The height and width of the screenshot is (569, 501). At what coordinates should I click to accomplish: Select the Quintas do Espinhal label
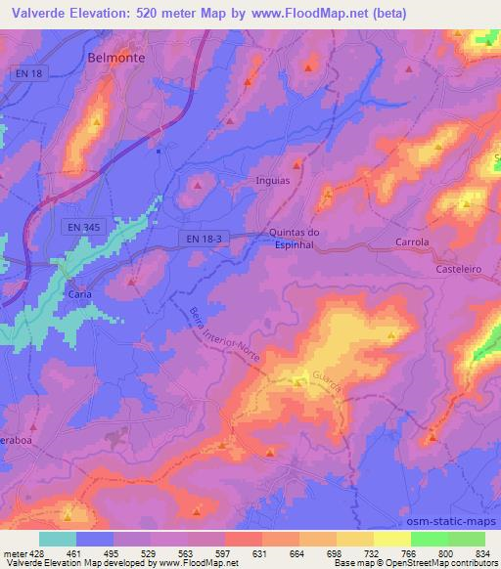[x=295, y=239]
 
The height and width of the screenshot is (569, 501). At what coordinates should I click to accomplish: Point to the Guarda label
[x=328, y=382]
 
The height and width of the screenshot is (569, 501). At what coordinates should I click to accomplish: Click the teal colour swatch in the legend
[x=58, y=539]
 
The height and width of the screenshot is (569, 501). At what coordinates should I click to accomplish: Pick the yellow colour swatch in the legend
[x=391, y=539]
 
